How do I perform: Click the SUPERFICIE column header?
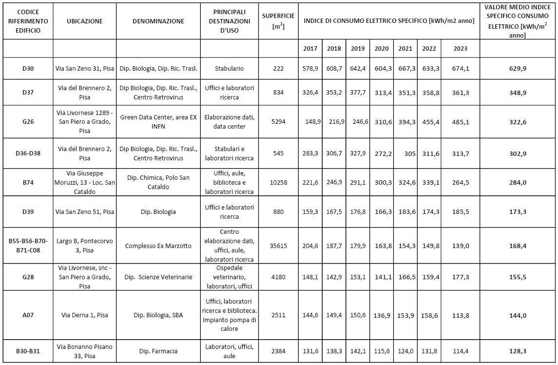(x=278, y=21)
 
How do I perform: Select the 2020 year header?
(x=382, y=49)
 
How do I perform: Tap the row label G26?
(x=28, y=122)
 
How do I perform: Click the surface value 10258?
(x=278, y=182)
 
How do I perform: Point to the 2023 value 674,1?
(x=461, y=69)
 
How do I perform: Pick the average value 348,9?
(x=518, y=93)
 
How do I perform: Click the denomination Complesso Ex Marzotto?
(x=158, y=246)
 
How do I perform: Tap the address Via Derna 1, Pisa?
(x=85, y=315)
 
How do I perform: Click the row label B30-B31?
(x=28, y=351)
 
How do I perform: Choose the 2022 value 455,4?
(x=430, y=122)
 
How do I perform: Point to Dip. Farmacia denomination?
(x=158, y=351)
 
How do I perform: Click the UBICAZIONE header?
(x=85, y=21)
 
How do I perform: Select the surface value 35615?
(x=278, y=246)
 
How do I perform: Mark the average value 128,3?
(x=518, y=351)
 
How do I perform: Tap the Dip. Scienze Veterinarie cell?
(x=158, y=277)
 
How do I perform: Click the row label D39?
(x=28, y=211)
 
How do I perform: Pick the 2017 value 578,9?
(x=310, y=69)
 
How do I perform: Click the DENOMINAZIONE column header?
(x=158, y=21)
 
